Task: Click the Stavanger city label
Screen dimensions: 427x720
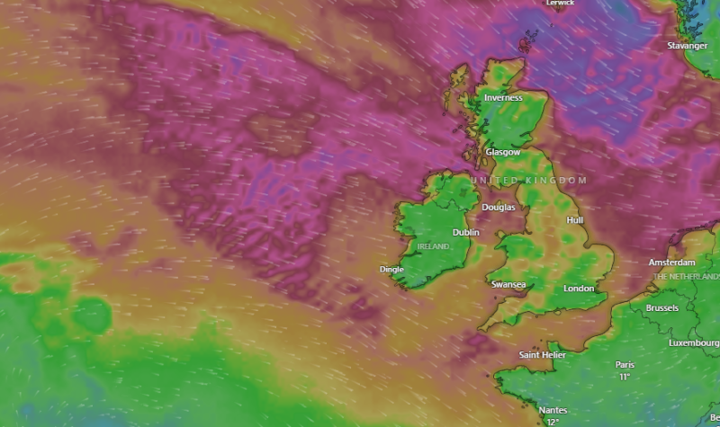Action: [687, 46]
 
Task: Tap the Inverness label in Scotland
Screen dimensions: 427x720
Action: [503, 98]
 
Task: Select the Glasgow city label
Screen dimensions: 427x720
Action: [503, 153]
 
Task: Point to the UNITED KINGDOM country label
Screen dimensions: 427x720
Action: [528, 181]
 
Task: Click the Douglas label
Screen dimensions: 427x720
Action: [499, 208]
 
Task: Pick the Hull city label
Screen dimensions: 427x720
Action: [575, 220]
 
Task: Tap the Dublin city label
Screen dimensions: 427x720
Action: [466, 233]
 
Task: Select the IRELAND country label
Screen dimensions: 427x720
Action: [433, 245]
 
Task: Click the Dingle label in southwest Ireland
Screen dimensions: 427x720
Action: [391, 269]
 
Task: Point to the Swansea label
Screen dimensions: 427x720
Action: [508, 285]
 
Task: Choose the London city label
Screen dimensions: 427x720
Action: [579, 289]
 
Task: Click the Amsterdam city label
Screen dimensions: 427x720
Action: [672, 262]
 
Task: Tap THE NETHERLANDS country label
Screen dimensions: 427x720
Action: [687, 276]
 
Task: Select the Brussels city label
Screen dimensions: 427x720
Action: [661, 308]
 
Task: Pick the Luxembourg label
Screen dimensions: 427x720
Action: [694, 343]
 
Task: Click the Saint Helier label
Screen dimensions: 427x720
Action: [542, 356]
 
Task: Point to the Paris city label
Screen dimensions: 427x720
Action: [625, 365]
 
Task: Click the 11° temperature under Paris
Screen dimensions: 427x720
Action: [625, 377]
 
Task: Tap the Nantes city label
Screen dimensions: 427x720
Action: [553, 411]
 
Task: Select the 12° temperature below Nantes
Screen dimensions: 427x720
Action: [553, 422]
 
